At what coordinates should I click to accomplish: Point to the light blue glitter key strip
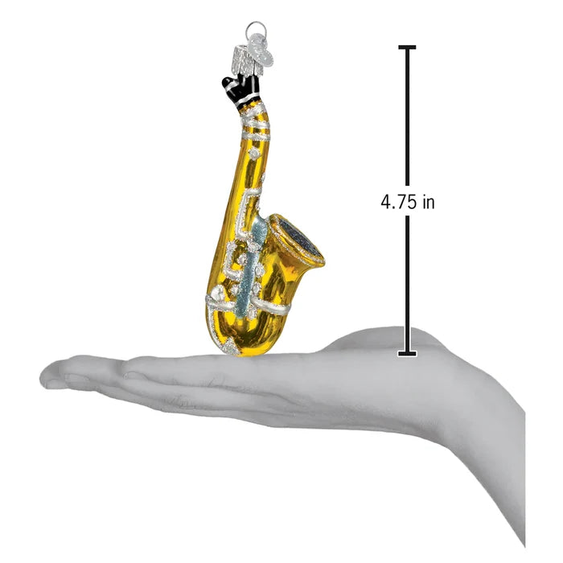pos(251,265)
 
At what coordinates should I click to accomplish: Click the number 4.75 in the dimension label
pos(399,202)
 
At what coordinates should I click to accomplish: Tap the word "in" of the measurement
pos(429,202)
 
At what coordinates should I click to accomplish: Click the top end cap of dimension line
pos(407,47)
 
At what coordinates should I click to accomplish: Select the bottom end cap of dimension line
pos(407,354)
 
